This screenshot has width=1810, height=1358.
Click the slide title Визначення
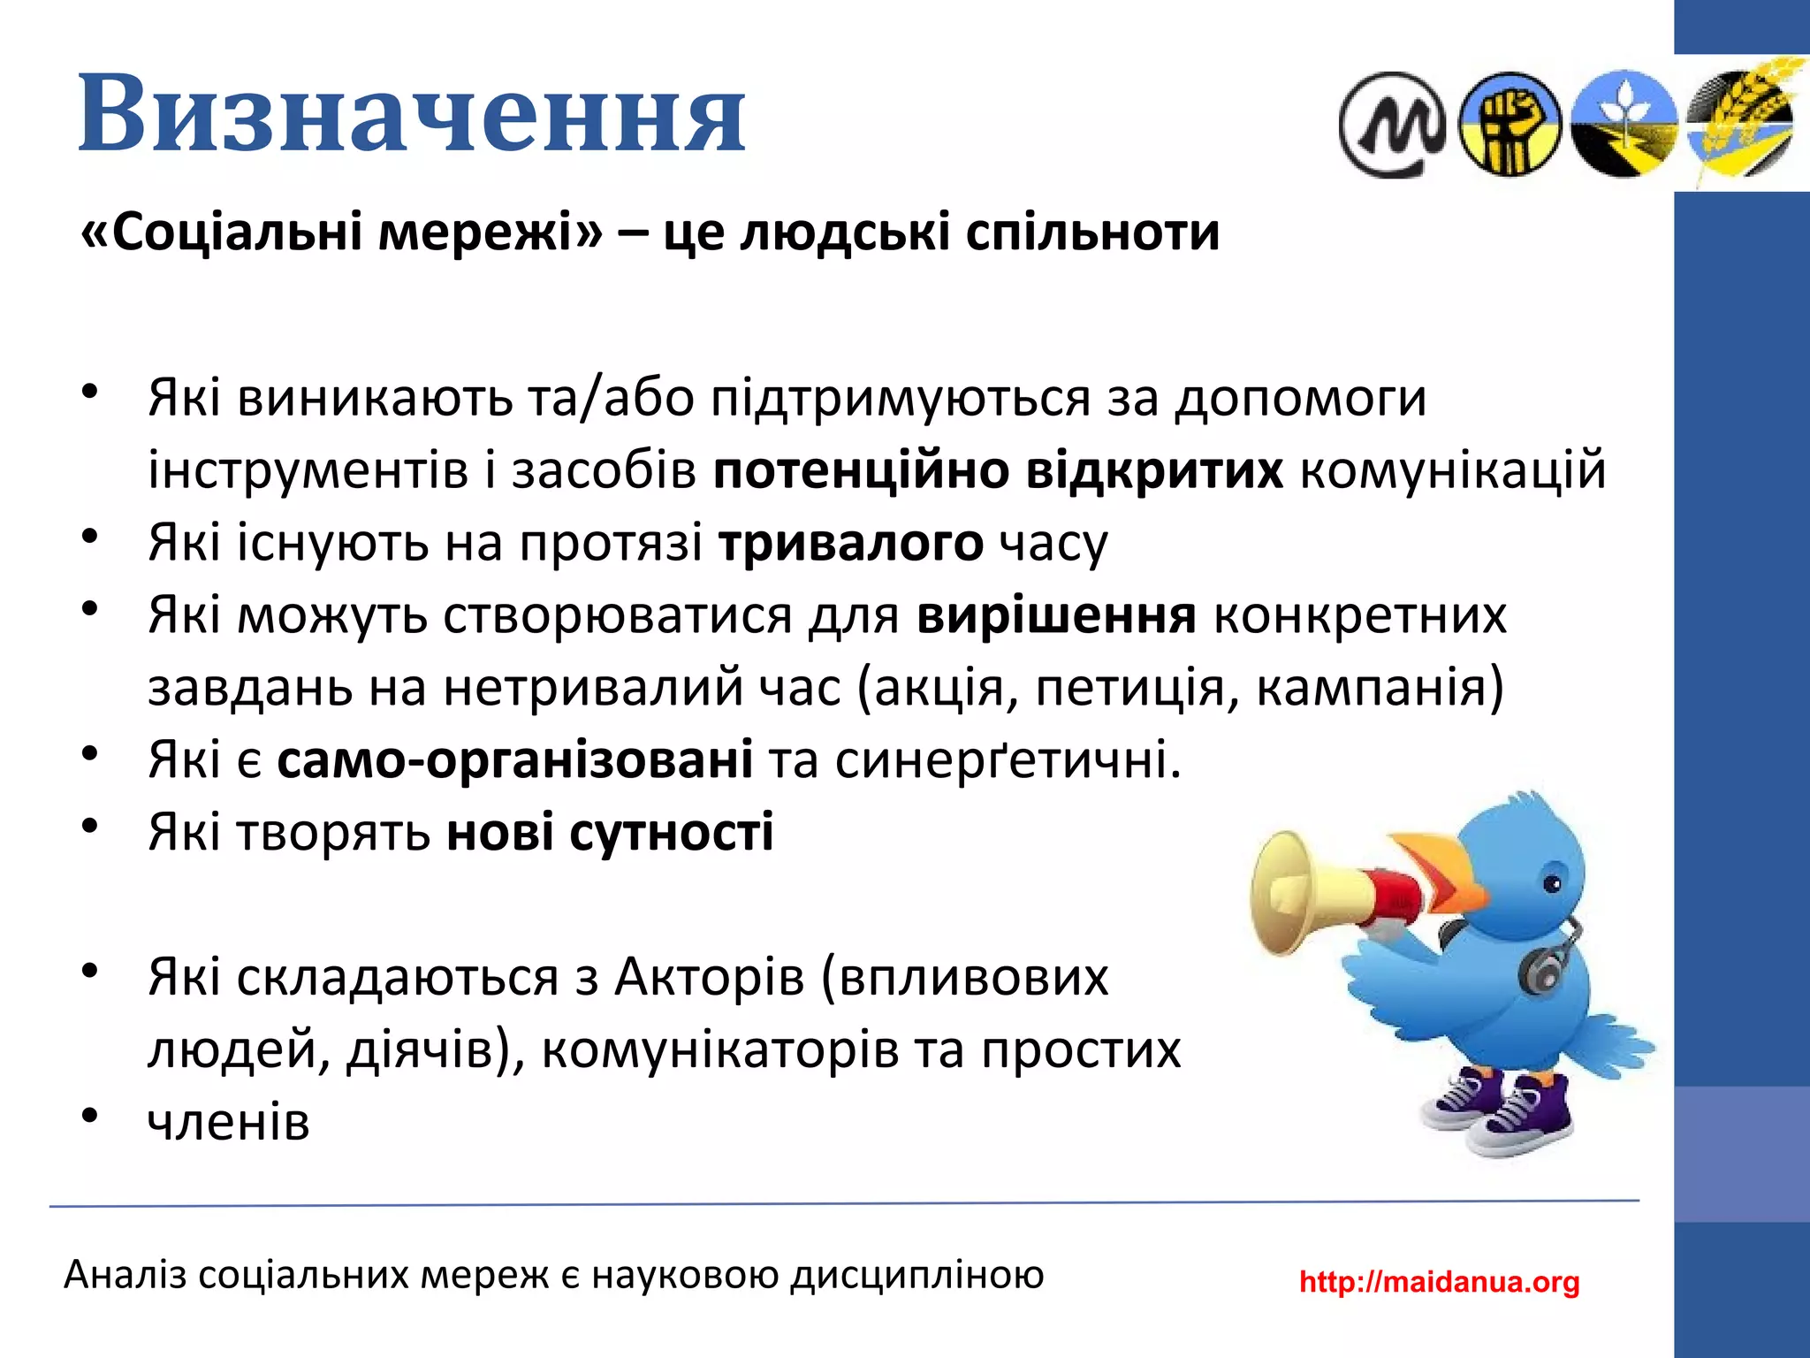click(412, 114)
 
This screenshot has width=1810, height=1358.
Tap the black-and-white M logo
click(1391, 125)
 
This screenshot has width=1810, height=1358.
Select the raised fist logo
click(1510, 124)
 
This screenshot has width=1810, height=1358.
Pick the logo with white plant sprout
click(1624, 124)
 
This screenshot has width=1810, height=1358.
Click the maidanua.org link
click(1439, 1281)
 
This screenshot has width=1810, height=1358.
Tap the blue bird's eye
click(1552, 882)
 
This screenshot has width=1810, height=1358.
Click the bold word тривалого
click(850, 542)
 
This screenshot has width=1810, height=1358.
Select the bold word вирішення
click(1056, 615)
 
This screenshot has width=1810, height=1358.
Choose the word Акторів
click(710, 977)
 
